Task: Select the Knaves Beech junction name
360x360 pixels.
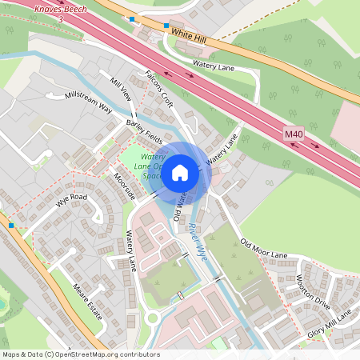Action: pyautogui.click(x=60, y=7)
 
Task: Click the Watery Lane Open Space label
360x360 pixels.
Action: pyautogui.click(x=153, y=166)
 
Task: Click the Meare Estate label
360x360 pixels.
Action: pyautogui.click(x=88, y=299)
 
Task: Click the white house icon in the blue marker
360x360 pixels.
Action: pyautogui.click(x=180, y=172)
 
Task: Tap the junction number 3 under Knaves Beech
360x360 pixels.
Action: pyautogui.click(x=60, y=18)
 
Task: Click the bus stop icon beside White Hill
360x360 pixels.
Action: pyautogui.click(x=166, y=26)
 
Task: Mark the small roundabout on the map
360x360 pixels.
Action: pyautogui.click(x=152, y=318)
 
